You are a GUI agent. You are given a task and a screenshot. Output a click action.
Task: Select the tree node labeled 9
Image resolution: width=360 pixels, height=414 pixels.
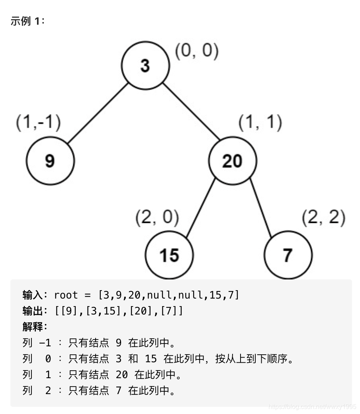[50, 160]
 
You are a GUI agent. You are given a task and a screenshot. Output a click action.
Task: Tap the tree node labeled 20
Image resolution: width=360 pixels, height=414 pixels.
[233, 160]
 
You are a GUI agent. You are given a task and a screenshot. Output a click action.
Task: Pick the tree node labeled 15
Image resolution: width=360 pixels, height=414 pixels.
[169, 255]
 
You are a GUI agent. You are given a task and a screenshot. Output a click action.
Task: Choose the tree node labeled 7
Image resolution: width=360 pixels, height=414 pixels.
[288, 255]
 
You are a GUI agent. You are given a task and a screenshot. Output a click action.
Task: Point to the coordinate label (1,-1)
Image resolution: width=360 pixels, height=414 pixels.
[38, 123]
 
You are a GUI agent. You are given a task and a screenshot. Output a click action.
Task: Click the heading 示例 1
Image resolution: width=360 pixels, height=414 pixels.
[28, 21]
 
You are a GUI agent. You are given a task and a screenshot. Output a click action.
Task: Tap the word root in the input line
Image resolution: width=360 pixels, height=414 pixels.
[66, 295]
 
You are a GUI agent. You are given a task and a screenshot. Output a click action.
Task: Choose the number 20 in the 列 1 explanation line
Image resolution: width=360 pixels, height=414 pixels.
[121, 375]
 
